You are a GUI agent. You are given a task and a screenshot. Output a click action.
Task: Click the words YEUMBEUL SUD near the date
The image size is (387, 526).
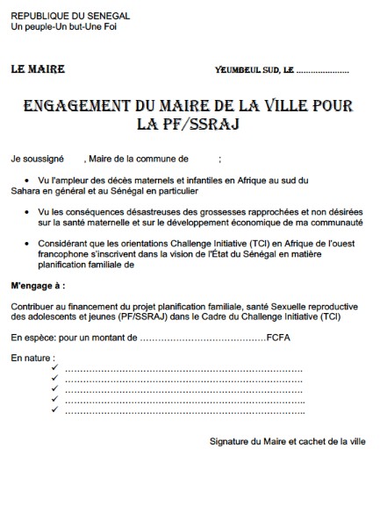247,69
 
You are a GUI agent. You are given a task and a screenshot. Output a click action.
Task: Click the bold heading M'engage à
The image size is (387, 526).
38,286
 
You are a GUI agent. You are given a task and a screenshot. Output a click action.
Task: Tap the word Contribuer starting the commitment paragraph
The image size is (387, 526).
34,306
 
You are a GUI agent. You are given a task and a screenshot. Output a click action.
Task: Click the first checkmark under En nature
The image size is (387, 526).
54,369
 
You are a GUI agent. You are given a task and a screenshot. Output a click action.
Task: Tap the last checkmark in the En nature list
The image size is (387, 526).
54,409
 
